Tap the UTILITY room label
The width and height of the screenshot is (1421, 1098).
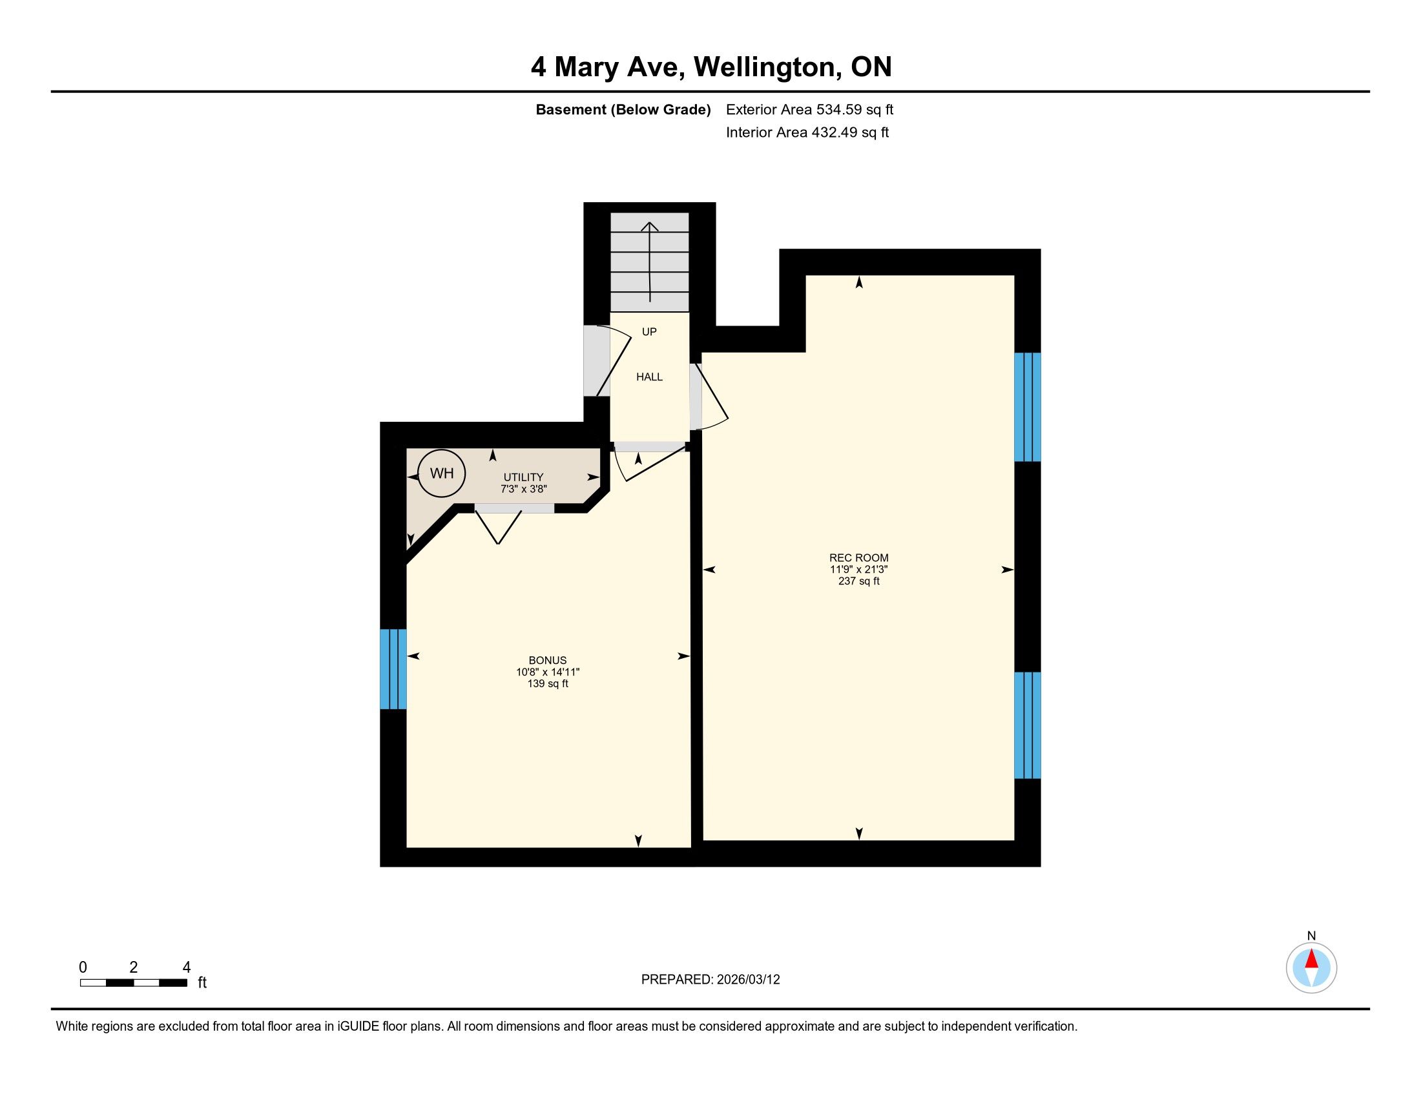523,477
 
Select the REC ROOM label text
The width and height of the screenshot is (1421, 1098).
859,557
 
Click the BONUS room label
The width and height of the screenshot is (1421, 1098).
548,660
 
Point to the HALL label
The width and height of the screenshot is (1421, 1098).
649,377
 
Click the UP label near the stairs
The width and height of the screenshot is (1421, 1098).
649,332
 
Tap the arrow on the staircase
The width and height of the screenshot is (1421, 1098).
650,262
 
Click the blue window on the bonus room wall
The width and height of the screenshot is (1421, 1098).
393,668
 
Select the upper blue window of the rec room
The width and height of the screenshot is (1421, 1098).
1028,407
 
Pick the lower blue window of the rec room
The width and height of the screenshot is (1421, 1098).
1028,725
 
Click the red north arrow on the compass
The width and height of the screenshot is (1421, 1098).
1312,958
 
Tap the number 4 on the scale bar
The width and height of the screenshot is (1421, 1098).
187,967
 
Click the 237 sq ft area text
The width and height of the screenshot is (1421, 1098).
859,581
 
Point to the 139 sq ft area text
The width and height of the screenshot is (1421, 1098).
548,683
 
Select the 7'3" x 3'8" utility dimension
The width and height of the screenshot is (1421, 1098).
523,488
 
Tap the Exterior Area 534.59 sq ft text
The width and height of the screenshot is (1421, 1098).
809,110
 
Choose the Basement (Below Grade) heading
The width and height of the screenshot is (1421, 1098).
623,110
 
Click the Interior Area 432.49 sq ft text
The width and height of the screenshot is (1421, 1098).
807,132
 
